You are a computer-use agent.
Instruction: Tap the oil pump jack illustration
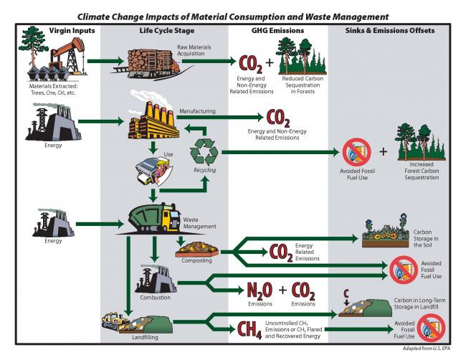point(62,52)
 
